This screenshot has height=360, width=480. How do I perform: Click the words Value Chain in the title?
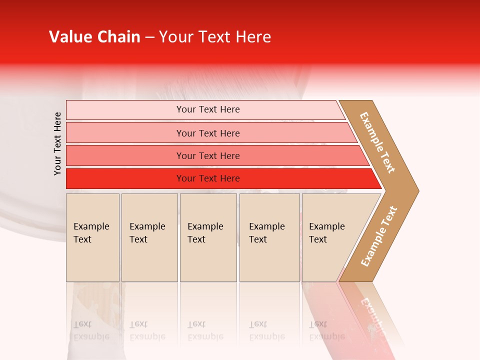(94, 37)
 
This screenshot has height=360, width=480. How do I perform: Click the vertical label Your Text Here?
(57, 143)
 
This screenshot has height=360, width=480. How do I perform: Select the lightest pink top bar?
(125, 110)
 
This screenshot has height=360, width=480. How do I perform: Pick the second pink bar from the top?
(125, 133)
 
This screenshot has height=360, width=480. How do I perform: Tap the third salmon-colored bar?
(125, 155)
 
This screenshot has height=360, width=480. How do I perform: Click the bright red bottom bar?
(125, 178)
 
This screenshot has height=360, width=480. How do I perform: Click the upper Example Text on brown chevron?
(377, 142)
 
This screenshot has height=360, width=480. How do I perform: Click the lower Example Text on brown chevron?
(379, 236)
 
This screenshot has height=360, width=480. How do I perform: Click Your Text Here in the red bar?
(208, 178)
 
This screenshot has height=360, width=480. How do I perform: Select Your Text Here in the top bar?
(208, 109)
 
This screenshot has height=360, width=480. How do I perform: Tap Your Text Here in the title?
(215, 37)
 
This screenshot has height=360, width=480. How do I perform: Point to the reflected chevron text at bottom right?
(372, 312)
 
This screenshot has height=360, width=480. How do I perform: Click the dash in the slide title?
(149, 37)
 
